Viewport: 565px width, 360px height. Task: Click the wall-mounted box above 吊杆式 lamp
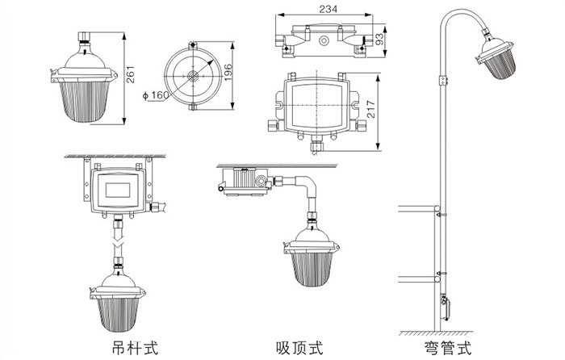(x=118, y=188)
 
